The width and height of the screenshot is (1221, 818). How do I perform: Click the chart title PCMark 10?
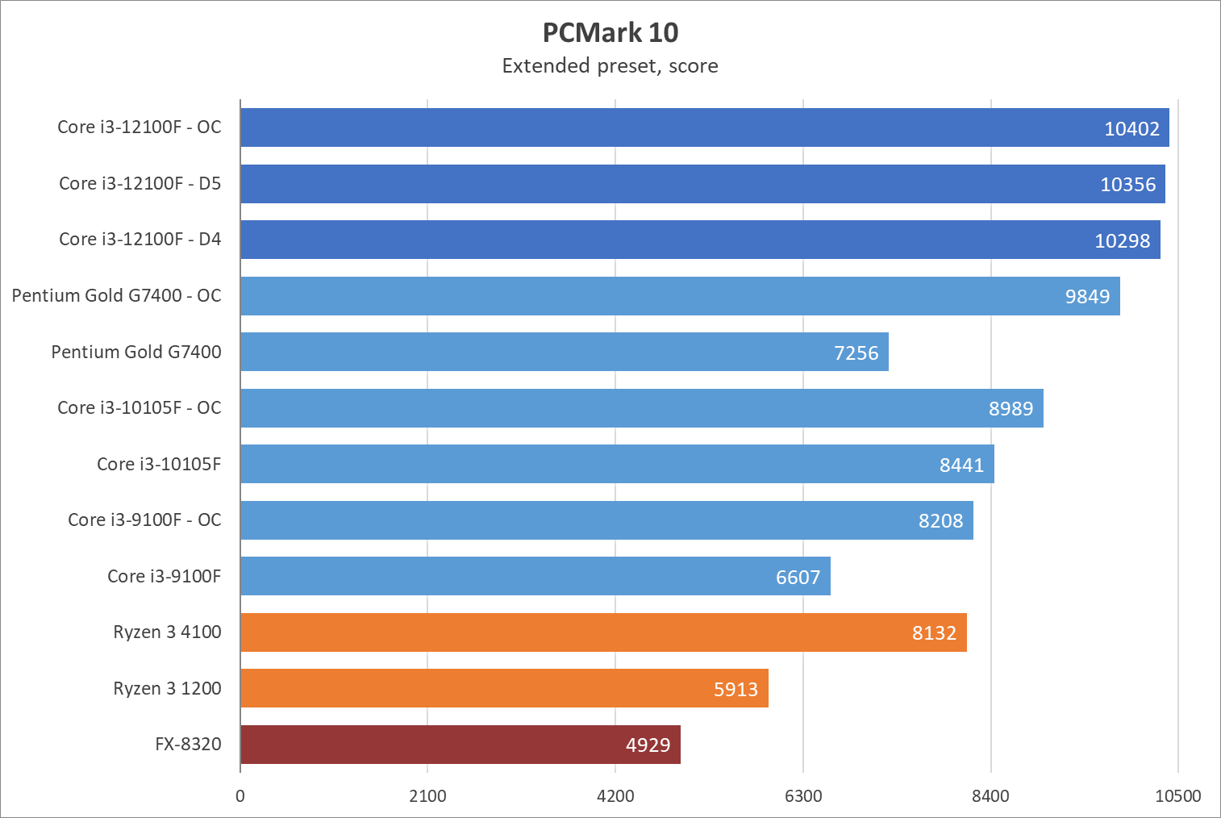click(610, 32)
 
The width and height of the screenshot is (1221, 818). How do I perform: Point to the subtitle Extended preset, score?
click(610, 65)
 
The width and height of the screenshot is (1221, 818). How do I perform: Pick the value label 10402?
click(1131, 128)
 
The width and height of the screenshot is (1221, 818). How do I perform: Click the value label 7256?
click(856, 353)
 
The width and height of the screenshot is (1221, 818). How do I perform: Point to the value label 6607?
click(798, 577)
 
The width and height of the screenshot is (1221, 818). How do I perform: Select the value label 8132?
click(934, 633)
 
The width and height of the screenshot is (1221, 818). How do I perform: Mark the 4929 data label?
click(648, 745)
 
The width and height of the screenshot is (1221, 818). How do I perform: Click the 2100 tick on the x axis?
click(427, 796)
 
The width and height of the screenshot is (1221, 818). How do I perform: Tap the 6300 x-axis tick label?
click(803, 796)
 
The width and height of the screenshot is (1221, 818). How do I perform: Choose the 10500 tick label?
click(1177, 796)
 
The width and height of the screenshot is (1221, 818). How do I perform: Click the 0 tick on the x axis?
click(240, 796)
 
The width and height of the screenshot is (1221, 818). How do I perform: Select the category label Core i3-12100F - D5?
click(140, 183)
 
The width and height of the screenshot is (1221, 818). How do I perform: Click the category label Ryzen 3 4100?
click(167, 632)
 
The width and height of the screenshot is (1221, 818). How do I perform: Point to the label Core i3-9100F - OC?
click(144, 520)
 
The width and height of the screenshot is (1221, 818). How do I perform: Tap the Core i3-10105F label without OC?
click(159, 464)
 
